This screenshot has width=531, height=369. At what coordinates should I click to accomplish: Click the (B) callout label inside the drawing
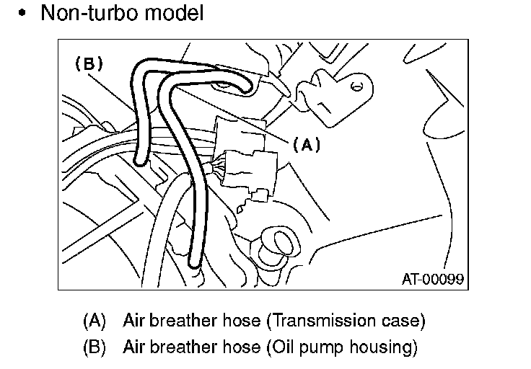click(89, 63)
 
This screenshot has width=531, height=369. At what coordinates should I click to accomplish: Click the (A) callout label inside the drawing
click(306, 145)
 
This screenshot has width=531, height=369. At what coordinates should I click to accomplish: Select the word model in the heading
click(173, 13)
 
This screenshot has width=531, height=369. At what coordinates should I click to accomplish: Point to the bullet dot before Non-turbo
click(23, 14)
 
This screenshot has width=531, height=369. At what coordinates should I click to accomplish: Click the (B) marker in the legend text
click(95, 347)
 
